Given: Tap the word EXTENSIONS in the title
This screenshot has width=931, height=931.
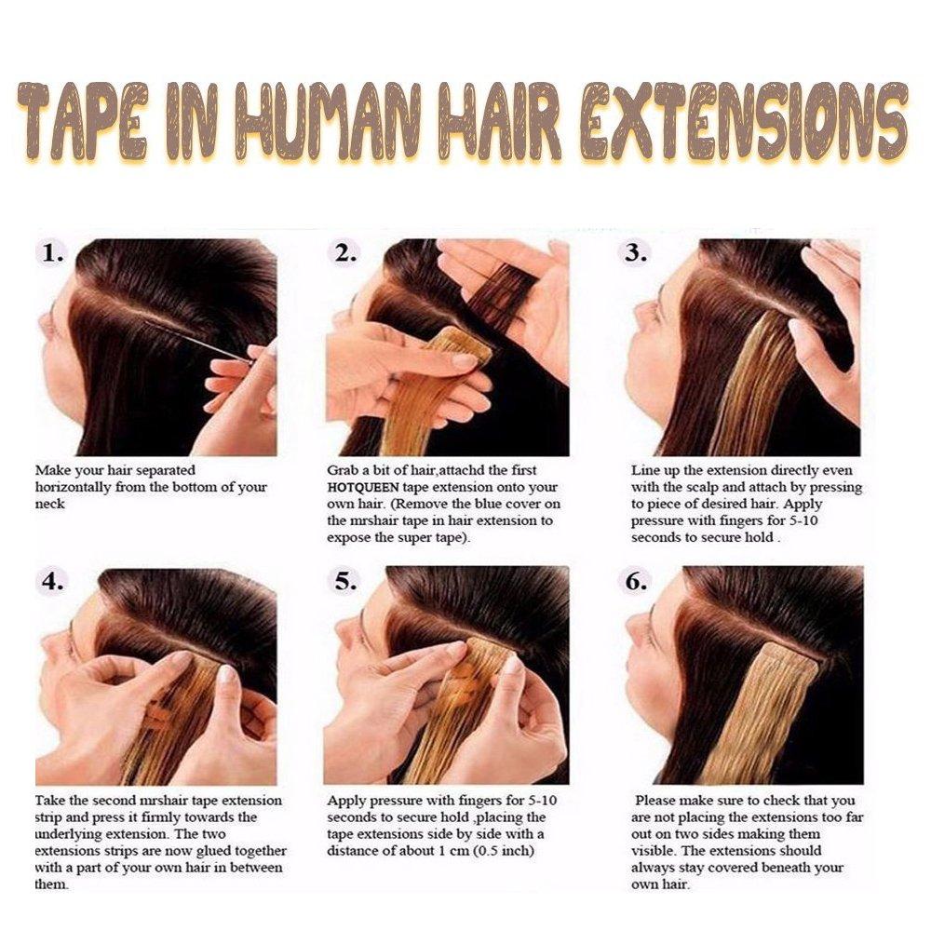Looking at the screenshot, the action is coord(744,121).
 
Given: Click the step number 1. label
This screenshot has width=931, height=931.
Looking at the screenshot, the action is coord(53,254).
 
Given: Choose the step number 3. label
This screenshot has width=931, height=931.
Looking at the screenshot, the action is coord(635,254).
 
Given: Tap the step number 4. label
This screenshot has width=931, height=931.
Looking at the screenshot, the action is coord(53,582).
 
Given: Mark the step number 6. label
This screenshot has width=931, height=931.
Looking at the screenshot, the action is coord(635,582).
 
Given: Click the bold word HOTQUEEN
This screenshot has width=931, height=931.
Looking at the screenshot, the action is coord(363,488).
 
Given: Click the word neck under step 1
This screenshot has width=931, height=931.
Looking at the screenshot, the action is coord(50,504).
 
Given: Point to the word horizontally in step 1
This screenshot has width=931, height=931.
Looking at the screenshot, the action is coord(73,488).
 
